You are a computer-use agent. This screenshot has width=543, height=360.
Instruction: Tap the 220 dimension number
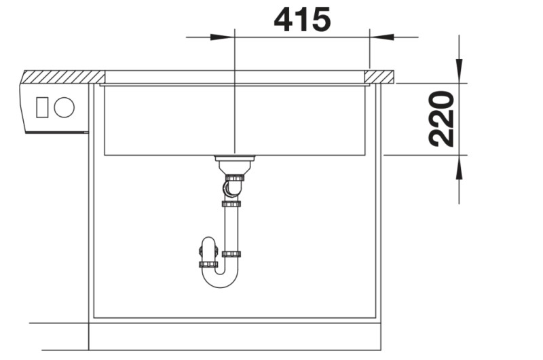coord(442,119)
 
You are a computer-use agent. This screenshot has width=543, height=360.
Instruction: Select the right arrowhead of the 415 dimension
coord(381,36)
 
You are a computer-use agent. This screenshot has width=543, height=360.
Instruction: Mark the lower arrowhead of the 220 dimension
coord(460,167)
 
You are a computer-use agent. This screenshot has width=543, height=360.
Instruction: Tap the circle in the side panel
coord(64,107)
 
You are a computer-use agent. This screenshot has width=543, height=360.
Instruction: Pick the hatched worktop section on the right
coord(381,75)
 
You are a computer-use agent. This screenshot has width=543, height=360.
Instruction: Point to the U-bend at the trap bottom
coord(220,278)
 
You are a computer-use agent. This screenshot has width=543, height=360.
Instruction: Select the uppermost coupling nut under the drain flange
coord(234,177)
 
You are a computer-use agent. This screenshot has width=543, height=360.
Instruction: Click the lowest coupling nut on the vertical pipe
coord(231,255)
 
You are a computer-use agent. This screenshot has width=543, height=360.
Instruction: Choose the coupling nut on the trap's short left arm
coord(208,264)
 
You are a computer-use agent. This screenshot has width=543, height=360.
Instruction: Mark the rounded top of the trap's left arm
coord(208,242)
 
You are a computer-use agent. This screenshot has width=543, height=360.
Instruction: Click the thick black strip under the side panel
coord(57,132)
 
